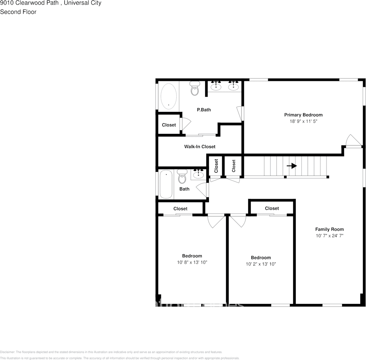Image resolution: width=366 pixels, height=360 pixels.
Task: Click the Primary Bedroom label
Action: coord(303,115)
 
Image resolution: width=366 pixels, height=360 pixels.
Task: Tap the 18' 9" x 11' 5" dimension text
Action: coord(303,121)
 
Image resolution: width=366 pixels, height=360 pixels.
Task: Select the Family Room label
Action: coord(329,229)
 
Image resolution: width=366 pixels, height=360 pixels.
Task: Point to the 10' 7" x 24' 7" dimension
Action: coord(329,236)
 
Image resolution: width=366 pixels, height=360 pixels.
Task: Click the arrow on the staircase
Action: coord(292,166)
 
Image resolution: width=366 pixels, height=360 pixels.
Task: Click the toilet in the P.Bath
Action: coord(195,88)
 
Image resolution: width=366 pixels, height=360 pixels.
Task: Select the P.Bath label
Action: coord(204,110)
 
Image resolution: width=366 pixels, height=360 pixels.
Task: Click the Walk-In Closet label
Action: coord(199,146)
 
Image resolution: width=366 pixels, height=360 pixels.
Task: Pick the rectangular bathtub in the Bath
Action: coord(166,184)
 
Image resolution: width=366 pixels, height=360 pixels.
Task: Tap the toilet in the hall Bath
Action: coord(182,176)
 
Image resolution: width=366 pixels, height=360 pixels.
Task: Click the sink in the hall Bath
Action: coord(198,174)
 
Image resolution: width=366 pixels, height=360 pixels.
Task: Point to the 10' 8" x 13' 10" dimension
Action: coord(192,262)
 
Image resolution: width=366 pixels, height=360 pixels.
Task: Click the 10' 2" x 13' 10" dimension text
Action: coord(261,264)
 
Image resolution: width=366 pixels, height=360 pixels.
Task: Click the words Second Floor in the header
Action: coord(18,12)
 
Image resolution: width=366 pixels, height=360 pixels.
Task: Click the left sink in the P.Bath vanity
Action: coord(216,86)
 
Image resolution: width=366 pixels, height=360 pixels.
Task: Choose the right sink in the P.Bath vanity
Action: coord(233,86)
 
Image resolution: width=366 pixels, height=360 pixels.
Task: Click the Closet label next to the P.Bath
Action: coord(169,125)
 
